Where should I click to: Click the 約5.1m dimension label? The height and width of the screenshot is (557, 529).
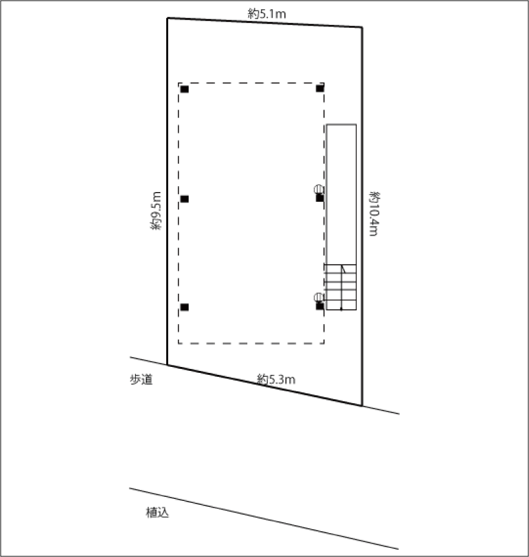266,12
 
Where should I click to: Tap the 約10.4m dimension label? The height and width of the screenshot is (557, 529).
375,213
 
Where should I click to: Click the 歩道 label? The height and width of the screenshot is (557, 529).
140,379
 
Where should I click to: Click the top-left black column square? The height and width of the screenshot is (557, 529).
185,88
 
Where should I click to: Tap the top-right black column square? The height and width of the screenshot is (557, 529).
320,88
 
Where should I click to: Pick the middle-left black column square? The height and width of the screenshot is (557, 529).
185,199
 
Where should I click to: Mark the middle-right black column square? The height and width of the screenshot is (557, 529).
320,197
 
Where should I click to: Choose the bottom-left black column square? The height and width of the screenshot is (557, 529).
185,307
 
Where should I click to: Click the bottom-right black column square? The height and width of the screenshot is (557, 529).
320,306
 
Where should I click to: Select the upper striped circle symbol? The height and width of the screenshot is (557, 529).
319,189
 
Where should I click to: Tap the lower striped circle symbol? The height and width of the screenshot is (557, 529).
319,297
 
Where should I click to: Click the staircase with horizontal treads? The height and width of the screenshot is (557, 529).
340,287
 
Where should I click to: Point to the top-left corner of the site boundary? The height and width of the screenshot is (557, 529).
167,18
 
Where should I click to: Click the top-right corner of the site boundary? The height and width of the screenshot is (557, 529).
362,27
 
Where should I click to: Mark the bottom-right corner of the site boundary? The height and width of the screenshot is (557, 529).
362,405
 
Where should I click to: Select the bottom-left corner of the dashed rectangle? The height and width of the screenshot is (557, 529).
179,343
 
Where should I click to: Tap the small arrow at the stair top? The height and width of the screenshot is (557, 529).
343,269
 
